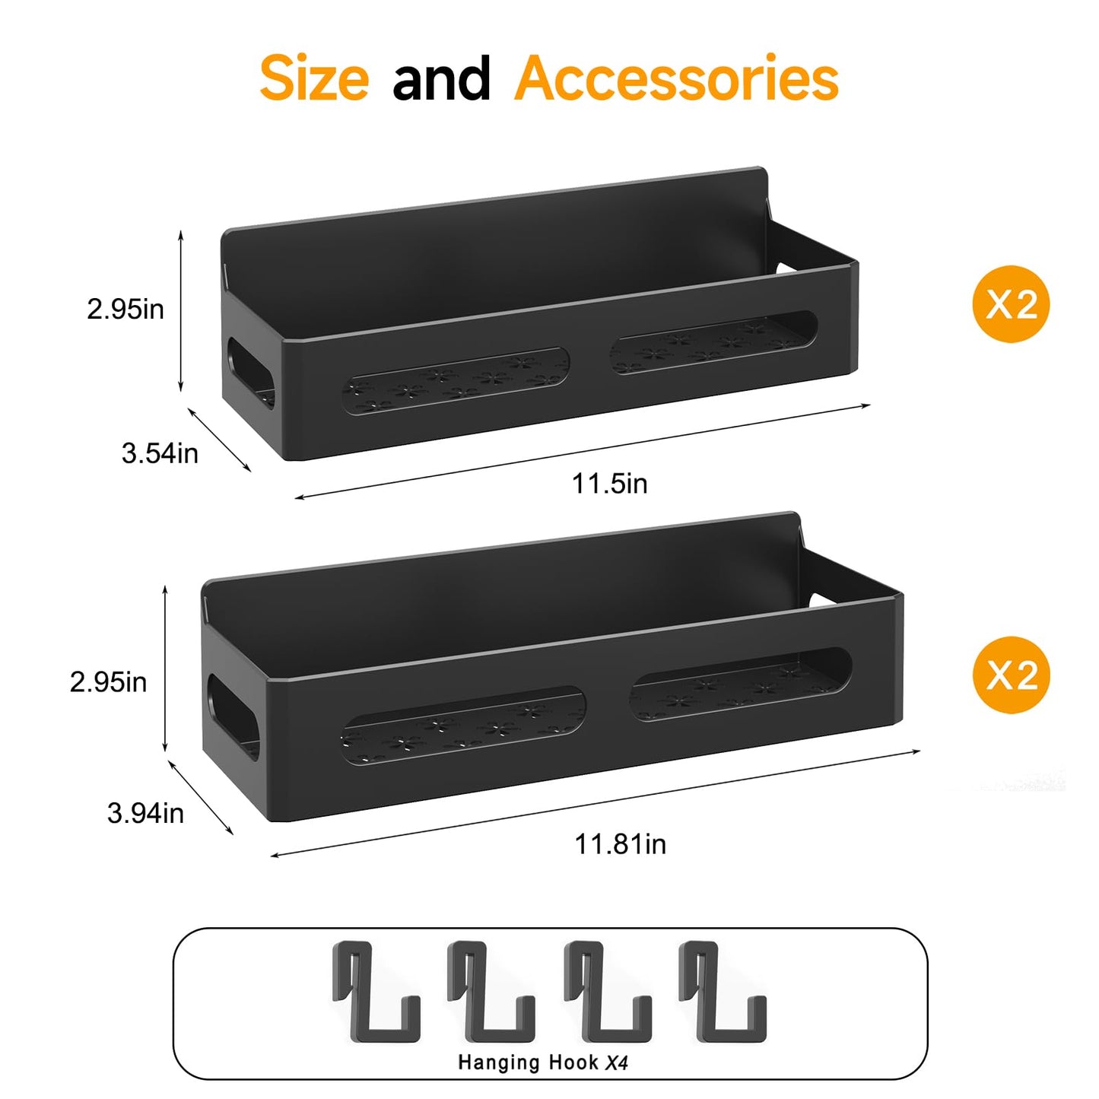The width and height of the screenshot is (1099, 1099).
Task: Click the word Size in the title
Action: click(x=314, y=78)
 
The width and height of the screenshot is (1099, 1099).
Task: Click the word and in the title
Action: click(x=441, y=78)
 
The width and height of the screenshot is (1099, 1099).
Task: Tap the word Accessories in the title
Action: click(x=676, y=78)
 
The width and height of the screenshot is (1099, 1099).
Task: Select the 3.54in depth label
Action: click(x=160, y=453)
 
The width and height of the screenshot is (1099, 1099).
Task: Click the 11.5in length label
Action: click(x=610, y=484)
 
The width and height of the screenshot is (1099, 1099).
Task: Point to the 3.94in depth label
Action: click(x=145, y=813)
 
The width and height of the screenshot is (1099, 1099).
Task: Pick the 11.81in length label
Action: click(x=620, y=844)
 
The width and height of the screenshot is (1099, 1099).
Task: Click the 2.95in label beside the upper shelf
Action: click(x=125, y=309)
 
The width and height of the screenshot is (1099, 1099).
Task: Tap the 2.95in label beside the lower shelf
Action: click(x=108, y=682)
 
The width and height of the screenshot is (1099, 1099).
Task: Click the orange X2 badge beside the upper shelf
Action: click(x=1012, y=304)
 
